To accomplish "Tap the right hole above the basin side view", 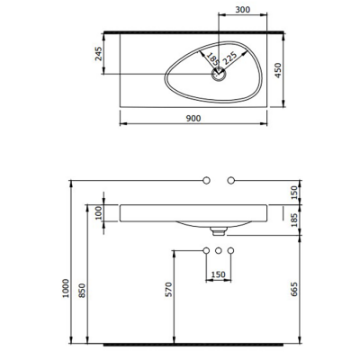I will (x=231, y=181).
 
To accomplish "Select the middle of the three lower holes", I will (x=219, y=249).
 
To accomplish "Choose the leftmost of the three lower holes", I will (x=206, y=249).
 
